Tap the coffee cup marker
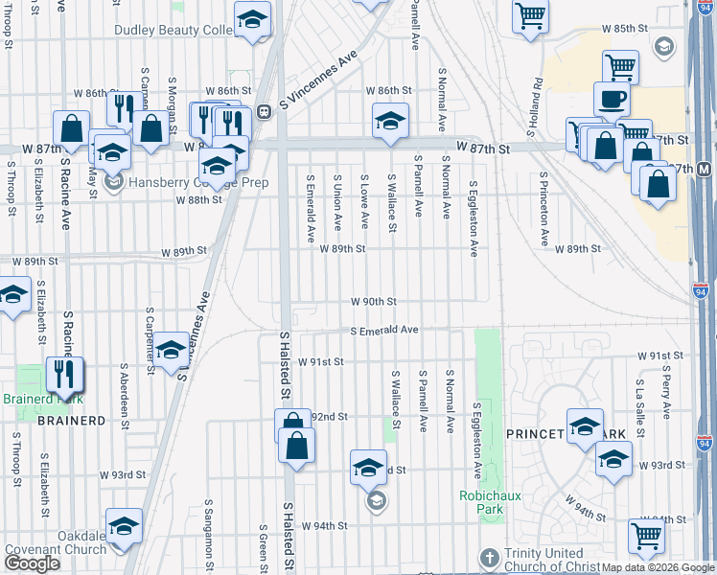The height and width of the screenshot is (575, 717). (612, 99)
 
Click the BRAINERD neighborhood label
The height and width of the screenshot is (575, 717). (71, 420)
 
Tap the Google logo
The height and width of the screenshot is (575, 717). (32, 563)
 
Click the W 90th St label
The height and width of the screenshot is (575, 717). (373, 301)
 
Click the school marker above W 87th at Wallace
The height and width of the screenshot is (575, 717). (390, 121)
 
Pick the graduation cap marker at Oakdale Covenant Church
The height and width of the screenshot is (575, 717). (124, 525)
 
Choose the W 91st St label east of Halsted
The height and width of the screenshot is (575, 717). (320, 362)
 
